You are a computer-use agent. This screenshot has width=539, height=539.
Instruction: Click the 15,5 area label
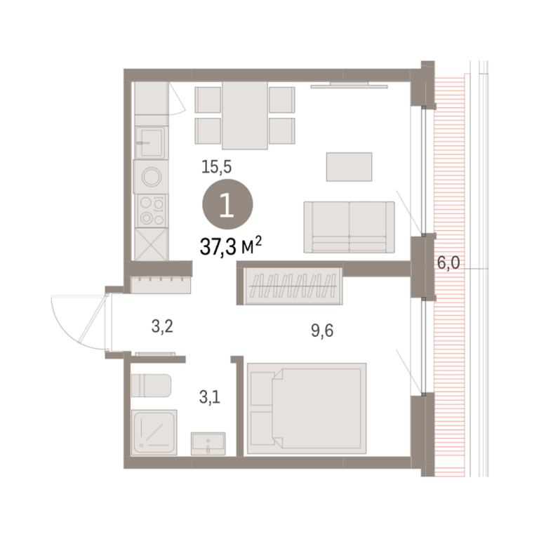click(217, 167)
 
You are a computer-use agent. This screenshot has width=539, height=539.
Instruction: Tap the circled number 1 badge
click(227, 204)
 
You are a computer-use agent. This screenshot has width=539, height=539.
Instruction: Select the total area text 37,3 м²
click(231, 246)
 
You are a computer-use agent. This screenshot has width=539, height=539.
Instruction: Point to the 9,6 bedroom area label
click(322, 331)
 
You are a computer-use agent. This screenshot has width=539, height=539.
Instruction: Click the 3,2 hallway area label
click(162, 326)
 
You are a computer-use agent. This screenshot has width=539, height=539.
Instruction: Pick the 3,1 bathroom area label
click(210, 397)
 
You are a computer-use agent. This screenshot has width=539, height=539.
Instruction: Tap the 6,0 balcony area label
click(448, 263)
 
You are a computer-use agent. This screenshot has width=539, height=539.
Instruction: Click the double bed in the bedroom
click(307, 408)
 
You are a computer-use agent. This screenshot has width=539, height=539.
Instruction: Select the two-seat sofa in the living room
click(349, 227)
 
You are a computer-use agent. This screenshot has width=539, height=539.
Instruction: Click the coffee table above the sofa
click(349, 167)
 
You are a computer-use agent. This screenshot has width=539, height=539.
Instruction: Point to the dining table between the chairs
click(245, 116)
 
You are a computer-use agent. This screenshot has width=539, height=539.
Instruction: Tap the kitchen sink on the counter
click(152, 142)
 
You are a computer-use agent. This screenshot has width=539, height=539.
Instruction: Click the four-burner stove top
click(152, 211)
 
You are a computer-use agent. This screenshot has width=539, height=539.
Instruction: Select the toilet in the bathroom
click(152, 385)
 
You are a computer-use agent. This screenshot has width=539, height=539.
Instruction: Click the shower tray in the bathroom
click(154, 432)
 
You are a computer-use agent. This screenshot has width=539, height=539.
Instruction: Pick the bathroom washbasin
click(208, 444)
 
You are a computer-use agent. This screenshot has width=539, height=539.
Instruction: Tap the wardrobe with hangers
click(293, 286)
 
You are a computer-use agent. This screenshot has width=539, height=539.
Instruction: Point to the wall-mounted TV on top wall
click(350, 85)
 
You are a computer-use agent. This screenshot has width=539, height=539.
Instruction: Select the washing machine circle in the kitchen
click(152, 177)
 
